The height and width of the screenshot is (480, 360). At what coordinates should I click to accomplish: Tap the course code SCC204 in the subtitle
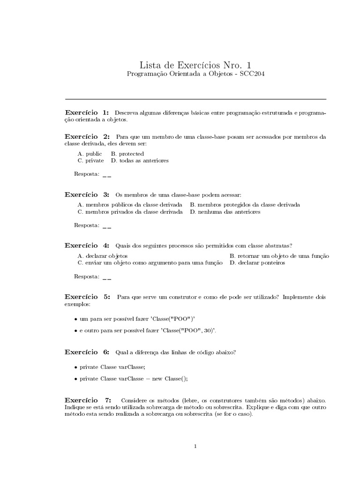click(252, 75)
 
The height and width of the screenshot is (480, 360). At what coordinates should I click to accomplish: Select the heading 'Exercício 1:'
click(87, 113)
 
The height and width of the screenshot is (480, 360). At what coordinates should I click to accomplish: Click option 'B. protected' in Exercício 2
click(127, 154)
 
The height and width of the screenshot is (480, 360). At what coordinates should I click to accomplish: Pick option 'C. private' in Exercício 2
click(91, 160)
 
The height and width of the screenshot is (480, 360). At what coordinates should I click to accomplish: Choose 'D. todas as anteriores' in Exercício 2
click(140, 160)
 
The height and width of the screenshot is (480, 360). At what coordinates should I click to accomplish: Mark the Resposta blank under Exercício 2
click(106, 174)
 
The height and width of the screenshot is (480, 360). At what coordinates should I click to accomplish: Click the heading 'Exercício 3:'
click(87, 194)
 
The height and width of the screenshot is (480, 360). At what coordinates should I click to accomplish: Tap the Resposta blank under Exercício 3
click(106, 225)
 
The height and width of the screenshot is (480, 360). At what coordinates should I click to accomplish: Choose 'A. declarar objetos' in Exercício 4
click(102, 256)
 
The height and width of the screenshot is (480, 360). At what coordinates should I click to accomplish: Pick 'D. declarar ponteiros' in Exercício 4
click(257, 263)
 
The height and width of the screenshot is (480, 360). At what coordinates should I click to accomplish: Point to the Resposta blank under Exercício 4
click(106, 277)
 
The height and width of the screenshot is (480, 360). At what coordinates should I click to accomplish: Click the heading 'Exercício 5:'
click(87, 297)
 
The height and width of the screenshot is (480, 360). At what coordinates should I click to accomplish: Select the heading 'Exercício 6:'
click(87, 352)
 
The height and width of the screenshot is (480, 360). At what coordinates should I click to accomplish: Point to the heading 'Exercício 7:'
click(88, 400)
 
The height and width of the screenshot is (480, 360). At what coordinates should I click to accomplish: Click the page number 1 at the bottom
click(195, 446)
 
